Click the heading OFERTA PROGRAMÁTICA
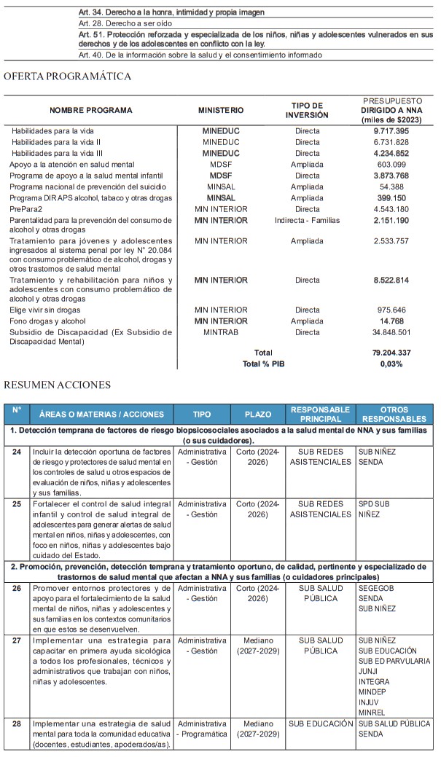[x=68, y=76]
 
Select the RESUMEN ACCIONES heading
[x=58, y=385]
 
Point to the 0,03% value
[x=391, y=364]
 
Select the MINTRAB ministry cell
[x=221, y=332]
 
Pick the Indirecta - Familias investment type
[x=307, y=220]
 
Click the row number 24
[x=17, y=452]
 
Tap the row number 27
[x=17, y=640]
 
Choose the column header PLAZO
[x=258, y=415]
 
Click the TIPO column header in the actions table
[x=202, y=415]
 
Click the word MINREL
[x=372, y=712]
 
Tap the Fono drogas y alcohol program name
[x=48, y=321]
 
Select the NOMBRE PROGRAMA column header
[x=91, y=110]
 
